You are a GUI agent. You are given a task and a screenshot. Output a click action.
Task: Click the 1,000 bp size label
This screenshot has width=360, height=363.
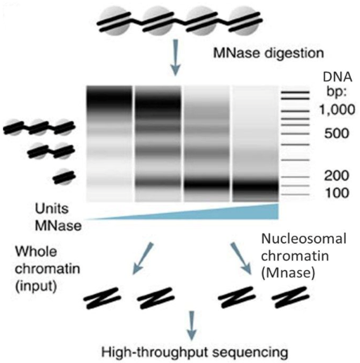pyautogui.click(x=337, y=110)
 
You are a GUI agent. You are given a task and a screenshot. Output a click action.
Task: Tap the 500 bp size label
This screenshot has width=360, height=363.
pyautogui.click(x=337, y=134)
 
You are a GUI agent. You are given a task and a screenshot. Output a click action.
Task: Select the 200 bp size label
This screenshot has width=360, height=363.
pyautogui.click(x=337, y=176)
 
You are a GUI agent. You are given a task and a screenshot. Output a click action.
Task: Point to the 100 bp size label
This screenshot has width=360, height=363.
pyautogui.click(x=337, y=193)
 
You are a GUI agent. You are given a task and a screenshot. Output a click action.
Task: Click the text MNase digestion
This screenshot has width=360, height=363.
pyautogui.click(x=269, y=53)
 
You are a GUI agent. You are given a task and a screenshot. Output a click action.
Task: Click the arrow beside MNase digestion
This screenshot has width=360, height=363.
pyautogui.click(x=175, y=58)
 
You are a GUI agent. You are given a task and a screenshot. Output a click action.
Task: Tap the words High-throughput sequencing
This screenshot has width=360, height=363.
pyautogui.click(x=195, y=352)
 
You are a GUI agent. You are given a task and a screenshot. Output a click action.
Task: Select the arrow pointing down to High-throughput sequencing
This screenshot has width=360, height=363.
pyautogui.click(x=192, y=326)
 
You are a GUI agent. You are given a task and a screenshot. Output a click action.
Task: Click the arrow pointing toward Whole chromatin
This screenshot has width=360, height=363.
pyautogui.click(x=143, y=258)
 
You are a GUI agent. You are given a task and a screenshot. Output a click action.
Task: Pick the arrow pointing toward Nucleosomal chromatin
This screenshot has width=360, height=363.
pyautogui.click(x=241, y=258)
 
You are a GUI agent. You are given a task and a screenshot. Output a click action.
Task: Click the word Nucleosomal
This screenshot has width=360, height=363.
pyautogui.click(x=304, y=239)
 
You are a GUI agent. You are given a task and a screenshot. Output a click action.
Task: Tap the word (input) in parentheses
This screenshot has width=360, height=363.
pyautogui.click(x=36, y=286)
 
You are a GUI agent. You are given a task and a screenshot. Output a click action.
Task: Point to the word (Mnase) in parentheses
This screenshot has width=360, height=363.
pyautogui.click(x=288, y=273)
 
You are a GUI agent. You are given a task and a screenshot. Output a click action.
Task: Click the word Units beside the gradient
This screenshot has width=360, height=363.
pyautogui.click(x=52, y=208)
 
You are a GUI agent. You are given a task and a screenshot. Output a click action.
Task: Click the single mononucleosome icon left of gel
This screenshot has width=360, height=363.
pyautogui.click(x=63, y=177)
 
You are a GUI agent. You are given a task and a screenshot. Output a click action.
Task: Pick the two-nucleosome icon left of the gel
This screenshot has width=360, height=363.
pyautogui.click(x=51, y=151)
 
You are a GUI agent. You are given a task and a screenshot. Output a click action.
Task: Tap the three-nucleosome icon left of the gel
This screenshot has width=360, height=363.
pyautogui.click(x=39, y=127)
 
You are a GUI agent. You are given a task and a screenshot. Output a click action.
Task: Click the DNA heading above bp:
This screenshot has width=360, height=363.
pyautogui.click(x=337, y=77)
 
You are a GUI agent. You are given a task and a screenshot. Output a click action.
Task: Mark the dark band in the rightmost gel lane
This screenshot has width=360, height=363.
pyautogui.click(x=255, y=187)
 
